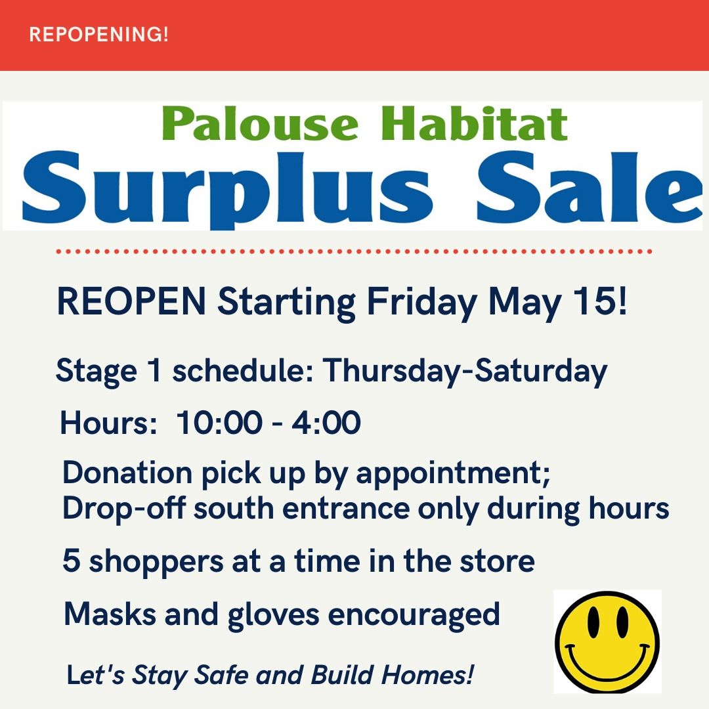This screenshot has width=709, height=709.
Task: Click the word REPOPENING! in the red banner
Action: (x=98, y=34)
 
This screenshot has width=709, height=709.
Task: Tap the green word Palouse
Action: (x=260, y=123)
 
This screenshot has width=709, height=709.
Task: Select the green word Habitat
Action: (x=474, y=123)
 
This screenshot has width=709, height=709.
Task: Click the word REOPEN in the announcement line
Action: (x=131, y=301)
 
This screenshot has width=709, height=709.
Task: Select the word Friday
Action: (x=422, y=303)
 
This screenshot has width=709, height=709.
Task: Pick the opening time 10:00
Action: (x=219, y=423)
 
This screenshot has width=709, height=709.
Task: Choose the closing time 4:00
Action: (x=326, y=423)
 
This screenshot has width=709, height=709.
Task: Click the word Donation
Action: (x=127, y=473)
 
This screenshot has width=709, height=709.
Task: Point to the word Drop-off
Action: (x=123, y=508)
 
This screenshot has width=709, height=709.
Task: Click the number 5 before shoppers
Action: (x=71, y=561)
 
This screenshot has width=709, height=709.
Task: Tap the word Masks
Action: (x=110, y=614)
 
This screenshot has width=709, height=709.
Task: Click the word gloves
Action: (x=273, y=616)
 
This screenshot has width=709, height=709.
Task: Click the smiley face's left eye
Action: (x=593, y=622)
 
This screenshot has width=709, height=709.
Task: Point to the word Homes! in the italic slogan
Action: (x=428, y=675)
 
